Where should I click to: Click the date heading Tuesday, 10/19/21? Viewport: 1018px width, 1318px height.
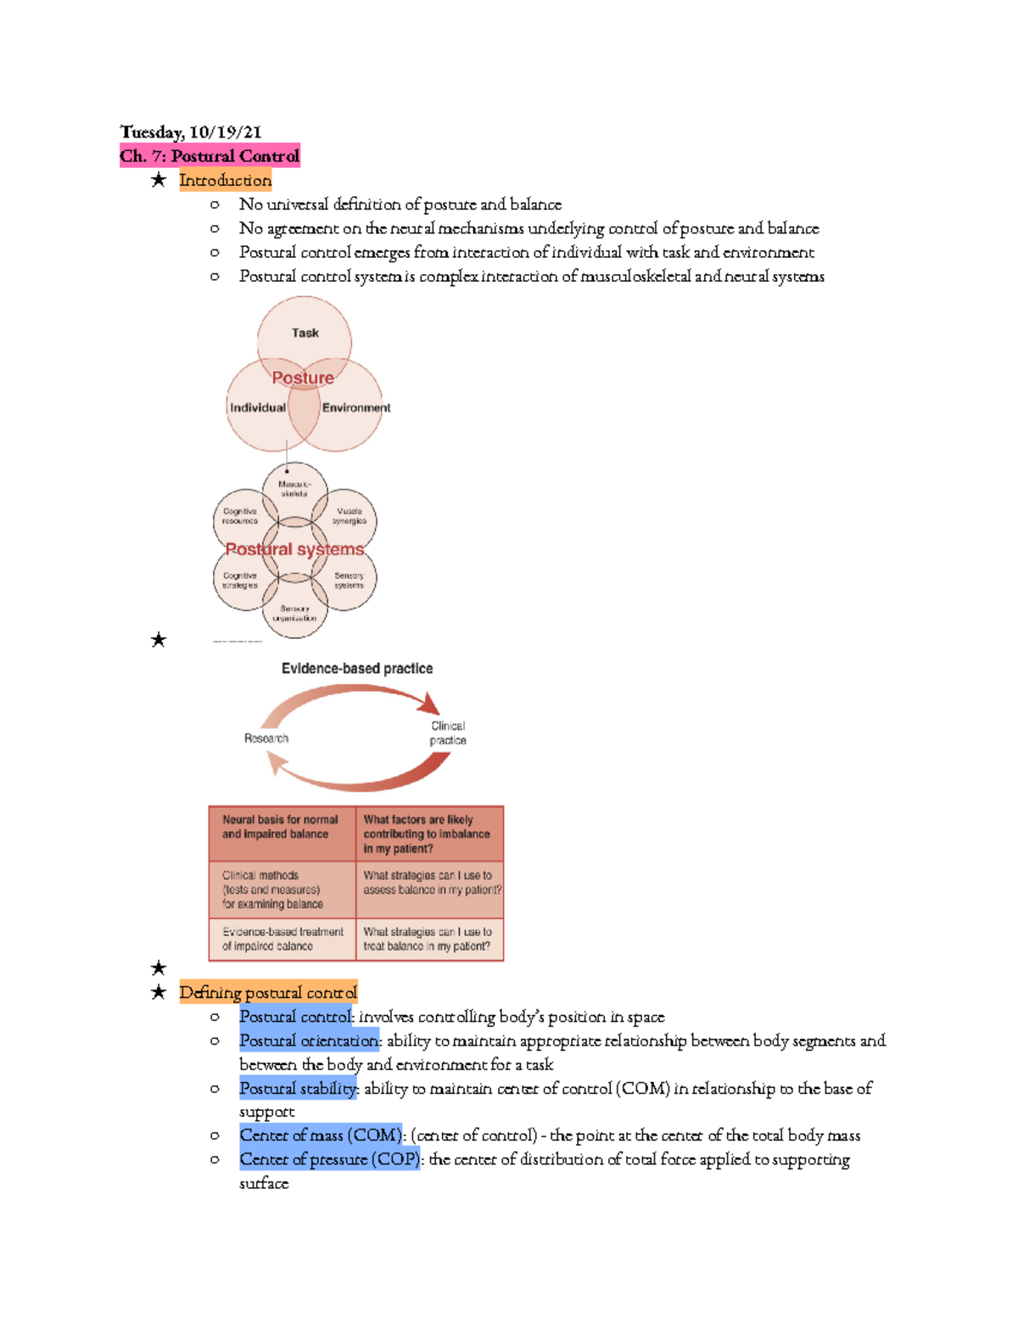(x=191, y=132)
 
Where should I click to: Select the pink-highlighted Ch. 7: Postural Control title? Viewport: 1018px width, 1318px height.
(x=210, y=155)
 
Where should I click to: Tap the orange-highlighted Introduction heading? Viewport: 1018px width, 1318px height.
(x=225, y=180)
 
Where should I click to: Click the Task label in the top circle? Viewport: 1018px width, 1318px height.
(x=305, y=333)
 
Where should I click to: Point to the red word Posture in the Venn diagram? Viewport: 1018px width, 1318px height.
(x=303, y=378)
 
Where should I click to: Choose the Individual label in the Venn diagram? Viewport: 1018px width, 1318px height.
(x=258, y=407)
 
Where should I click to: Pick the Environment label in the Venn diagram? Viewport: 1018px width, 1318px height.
(x=356, y=407)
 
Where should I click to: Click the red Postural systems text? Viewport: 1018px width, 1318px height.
(x=294, y=549)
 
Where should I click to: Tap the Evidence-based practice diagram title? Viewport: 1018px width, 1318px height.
(x=357, y=669)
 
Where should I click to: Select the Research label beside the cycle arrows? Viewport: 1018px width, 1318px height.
(x=266, y=738)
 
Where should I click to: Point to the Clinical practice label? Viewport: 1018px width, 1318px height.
(x=448, y=733)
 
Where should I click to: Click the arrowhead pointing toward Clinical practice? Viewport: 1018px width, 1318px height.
(x=431, y=704)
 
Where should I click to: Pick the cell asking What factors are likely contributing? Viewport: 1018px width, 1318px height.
(x=429, y=833)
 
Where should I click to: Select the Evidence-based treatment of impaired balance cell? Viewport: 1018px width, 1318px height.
(x=282, y=939)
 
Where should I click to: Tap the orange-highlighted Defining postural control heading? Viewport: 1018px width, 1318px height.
(x=268, y=992)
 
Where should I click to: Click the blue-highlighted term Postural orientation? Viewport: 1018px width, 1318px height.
(x=309, y=1040)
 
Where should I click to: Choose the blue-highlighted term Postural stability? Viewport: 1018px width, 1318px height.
(x=299, y=1088)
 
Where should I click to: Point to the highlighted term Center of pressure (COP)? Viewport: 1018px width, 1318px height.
(x=329, y=1159)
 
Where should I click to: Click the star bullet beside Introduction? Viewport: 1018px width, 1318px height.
(x=158, y=180)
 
